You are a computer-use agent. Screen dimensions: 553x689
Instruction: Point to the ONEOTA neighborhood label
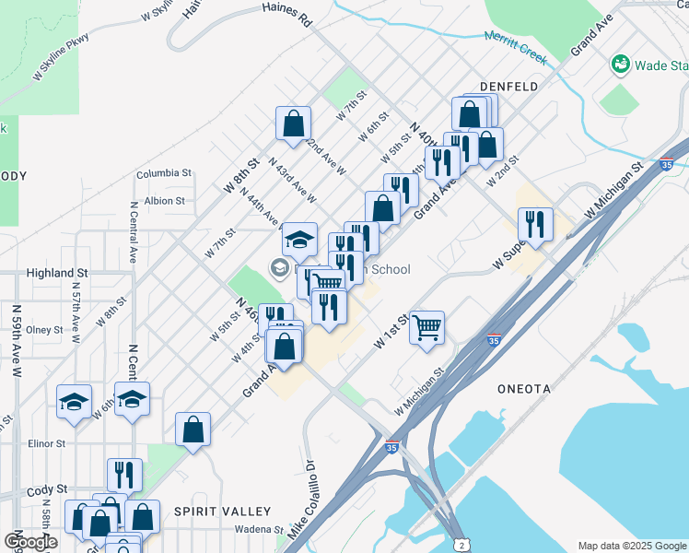522,389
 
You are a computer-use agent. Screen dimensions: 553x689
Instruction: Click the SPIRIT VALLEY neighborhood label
224,511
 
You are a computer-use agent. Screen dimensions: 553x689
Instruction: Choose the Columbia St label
164,173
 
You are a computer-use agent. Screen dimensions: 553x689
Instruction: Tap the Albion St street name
165,200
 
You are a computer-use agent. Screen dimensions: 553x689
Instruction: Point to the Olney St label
44,329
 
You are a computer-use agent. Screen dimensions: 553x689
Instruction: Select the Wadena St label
259,530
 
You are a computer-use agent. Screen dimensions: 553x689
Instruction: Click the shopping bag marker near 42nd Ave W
293,123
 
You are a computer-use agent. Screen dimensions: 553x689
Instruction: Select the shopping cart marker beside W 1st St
426,327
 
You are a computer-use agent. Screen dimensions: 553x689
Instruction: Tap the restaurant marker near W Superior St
535,223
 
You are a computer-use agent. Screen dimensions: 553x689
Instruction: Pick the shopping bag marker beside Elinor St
193,429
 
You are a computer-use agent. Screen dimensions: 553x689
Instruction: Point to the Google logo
30,543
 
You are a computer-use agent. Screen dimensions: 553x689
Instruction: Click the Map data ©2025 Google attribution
632,546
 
